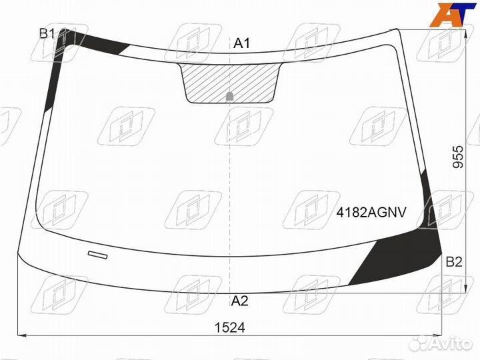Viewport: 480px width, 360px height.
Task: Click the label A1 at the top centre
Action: coord(241,43)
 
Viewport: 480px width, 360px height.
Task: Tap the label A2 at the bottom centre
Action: coord(239,301)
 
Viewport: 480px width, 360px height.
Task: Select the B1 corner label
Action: coord(47,33)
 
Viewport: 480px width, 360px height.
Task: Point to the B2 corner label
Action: coord(454,262)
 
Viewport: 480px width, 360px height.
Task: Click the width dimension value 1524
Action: coord(230,327)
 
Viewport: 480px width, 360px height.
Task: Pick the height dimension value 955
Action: coord(458,157)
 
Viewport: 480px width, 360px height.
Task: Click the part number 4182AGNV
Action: coord(371,212)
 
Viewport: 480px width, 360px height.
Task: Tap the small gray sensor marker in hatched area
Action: coord(229,97)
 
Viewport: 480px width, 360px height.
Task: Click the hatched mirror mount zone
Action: coord(229,83)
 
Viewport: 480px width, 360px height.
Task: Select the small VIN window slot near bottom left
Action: coord(97,255)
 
